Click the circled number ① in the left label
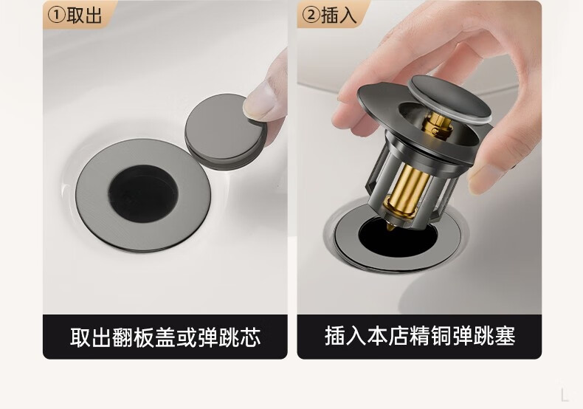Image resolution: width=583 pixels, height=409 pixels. [57, 16]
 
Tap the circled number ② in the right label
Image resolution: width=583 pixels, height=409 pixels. [311, 16]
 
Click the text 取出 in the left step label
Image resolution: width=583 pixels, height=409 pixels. [84, 16]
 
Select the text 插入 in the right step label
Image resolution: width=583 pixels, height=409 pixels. [339, 16]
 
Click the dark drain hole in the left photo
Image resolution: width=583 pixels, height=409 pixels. [143, 193]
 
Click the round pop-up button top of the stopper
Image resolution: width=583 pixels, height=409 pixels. [449, 97]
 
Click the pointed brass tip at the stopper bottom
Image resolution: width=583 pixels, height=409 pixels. [390, 227]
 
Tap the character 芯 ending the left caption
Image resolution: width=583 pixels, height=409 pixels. [250, 337]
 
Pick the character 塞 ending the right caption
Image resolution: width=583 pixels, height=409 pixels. [505, 336]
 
